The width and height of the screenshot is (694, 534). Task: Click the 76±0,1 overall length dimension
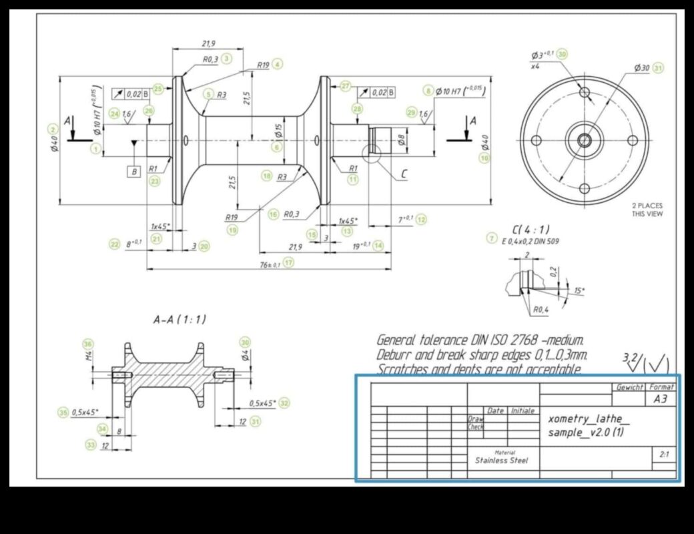(270, 264)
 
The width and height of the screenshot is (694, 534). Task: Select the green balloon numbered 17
(288, 263)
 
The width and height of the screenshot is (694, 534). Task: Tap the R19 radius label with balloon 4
(263, 65)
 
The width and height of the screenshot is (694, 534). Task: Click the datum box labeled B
(134, 172)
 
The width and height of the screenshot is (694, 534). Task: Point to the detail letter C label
(404, 174)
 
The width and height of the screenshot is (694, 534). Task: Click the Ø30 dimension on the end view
(641, 68)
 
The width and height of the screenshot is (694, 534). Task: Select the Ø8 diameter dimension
(401, 140)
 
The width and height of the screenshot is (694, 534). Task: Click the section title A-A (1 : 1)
(180, 320)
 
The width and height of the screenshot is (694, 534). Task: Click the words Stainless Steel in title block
(501, 460)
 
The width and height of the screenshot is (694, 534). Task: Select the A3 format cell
(661, 398)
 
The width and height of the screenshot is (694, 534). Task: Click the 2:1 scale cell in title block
(664, 455)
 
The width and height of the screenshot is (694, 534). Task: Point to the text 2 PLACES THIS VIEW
(647, 210)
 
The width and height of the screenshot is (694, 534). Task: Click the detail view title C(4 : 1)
(531, 229)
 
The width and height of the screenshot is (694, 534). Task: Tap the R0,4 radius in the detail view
(541, 310)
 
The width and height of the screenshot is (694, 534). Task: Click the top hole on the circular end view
(585, 92)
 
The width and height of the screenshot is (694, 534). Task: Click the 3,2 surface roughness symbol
(631, 358)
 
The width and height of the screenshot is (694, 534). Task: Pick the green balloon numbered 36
(88, 344)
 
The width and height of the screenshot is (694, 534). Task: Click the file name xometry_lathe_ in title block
(588, 419)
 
